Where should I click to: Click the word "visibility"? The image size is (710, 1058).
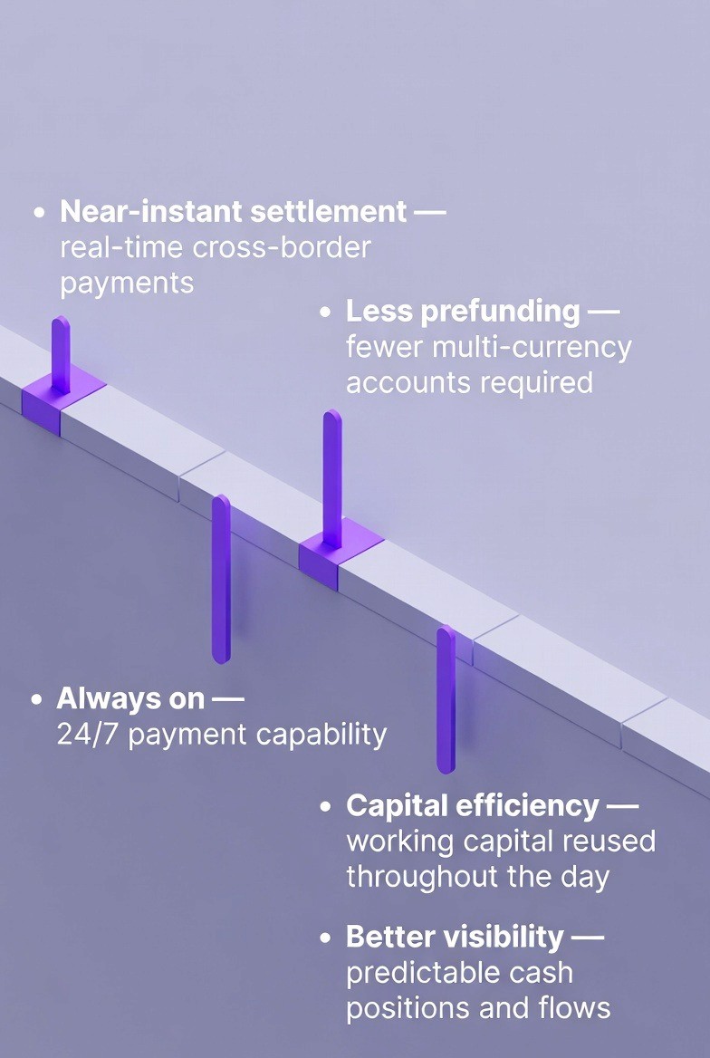pyautogui.click(x=506, y=937)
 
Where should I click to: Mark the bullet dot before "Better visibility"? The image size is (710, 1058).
pyautogui.click(x=326, y=938)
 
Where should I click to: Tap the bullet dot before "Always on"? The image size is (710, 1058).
pyautogui.click(x=37, y=700)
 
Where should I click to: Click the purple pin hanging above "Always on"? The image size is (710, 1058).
pyautogui.click(x=221, y=579)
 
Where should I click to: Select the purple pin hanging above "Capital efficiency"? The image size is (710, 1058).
pyautogui.click(x=446, y=698)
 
